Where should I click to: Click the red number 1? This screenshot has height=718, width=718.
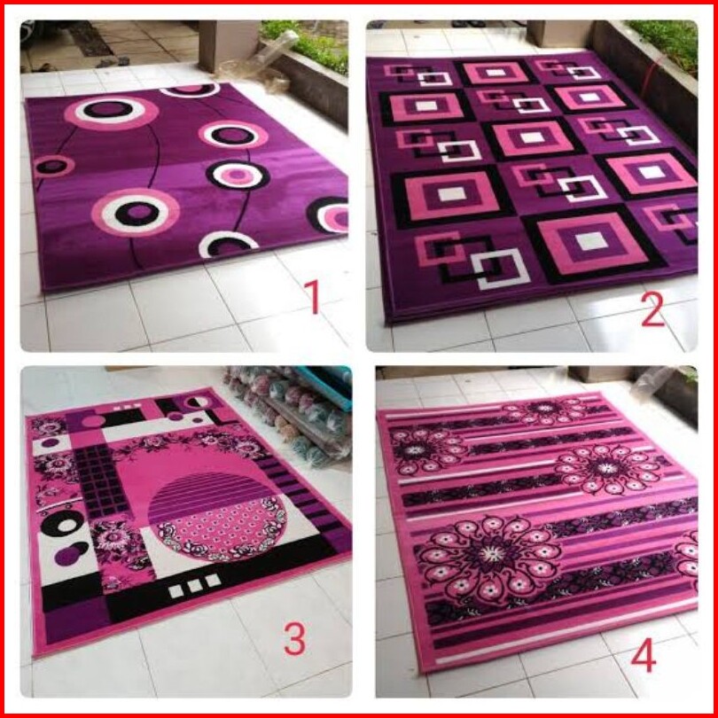312,297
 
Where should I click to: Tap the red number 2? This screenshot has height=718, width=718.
652,310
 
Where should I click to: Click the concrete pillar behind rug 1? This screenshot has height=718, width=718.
228,45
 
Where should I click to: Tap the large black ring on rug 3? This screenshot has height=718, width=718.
62,522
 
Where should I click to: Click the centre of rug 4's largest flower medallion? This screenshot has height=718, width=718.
492,555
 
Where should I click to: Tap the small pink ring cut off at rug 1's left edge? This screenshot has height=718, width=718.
54,167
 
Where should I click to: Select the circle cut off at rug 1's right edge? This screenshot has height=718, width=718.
328,215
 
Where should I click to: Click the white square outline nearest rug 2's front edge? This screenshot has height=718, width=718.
500,269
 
